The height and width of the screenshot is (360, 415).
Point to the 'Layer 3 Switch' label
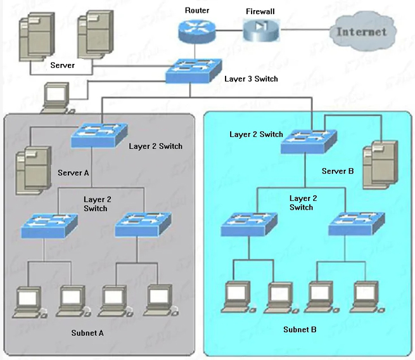coord(251,79)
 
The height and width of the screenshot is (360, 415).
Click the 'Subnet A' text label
coord(89,333)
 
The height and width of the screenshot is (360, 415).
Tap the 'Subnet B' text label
coord(300,330)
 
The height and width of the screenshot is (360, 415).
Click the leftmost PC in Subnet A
coord(29,302)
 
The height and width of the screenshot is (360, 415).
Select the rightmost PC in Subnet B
coord(366,295)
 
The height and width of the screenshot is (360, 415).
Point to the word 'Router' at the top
coord(197,10)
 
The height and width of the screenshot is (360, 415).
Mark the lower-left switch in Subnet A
coord(48,226)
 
